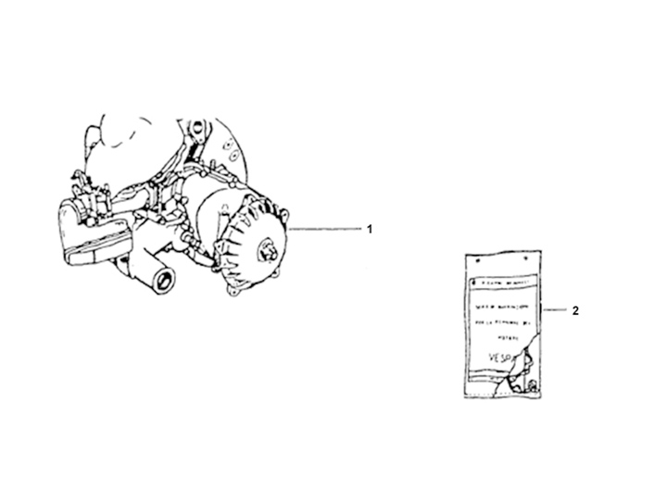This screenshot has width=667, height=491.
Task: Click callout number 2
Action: [x=575, y=311]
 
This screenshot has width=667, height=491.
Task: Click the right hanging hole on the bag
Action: [x=532, y=260]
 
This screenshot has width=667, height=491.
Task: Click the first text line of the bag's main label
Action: [x=500, y=305]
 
